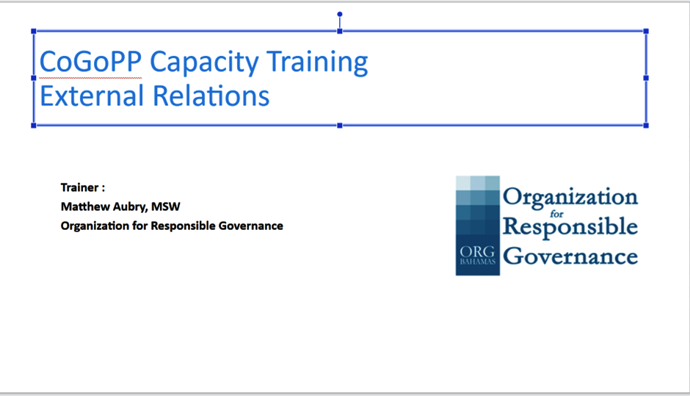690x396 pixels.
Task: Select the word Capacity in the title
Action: coord(204,62)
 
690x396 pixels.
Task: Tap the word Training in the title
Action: coord(317,62)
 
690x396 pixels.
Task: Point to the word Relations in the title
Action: coord(211,96)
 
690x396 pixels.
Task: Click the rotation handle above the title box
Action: coord(340,14)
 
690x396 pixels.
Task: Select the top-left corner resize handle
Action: coord(34,32)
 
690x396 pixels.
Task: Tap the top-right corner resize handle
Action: coord(646,32)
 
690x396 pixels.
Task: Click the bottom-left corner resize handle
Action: coord(34,126)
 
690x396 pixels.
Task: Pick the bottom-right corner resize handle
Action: coord(646,126)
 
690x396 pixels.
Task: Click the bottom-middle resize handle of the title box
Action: coord(340,126)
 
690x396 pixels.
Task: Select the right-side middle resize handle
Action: coord(646,78)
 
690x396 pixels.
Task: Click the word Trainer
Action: coord(80,187)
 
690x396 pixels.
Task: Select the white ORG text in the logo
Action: coord(477,251)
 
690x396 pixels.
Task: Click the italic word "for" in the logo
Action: coord(556,214)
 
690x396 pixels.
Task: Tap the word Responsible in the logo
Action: coord(570,228)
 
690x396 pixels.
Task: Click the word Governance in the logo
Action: coord(570,256)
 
